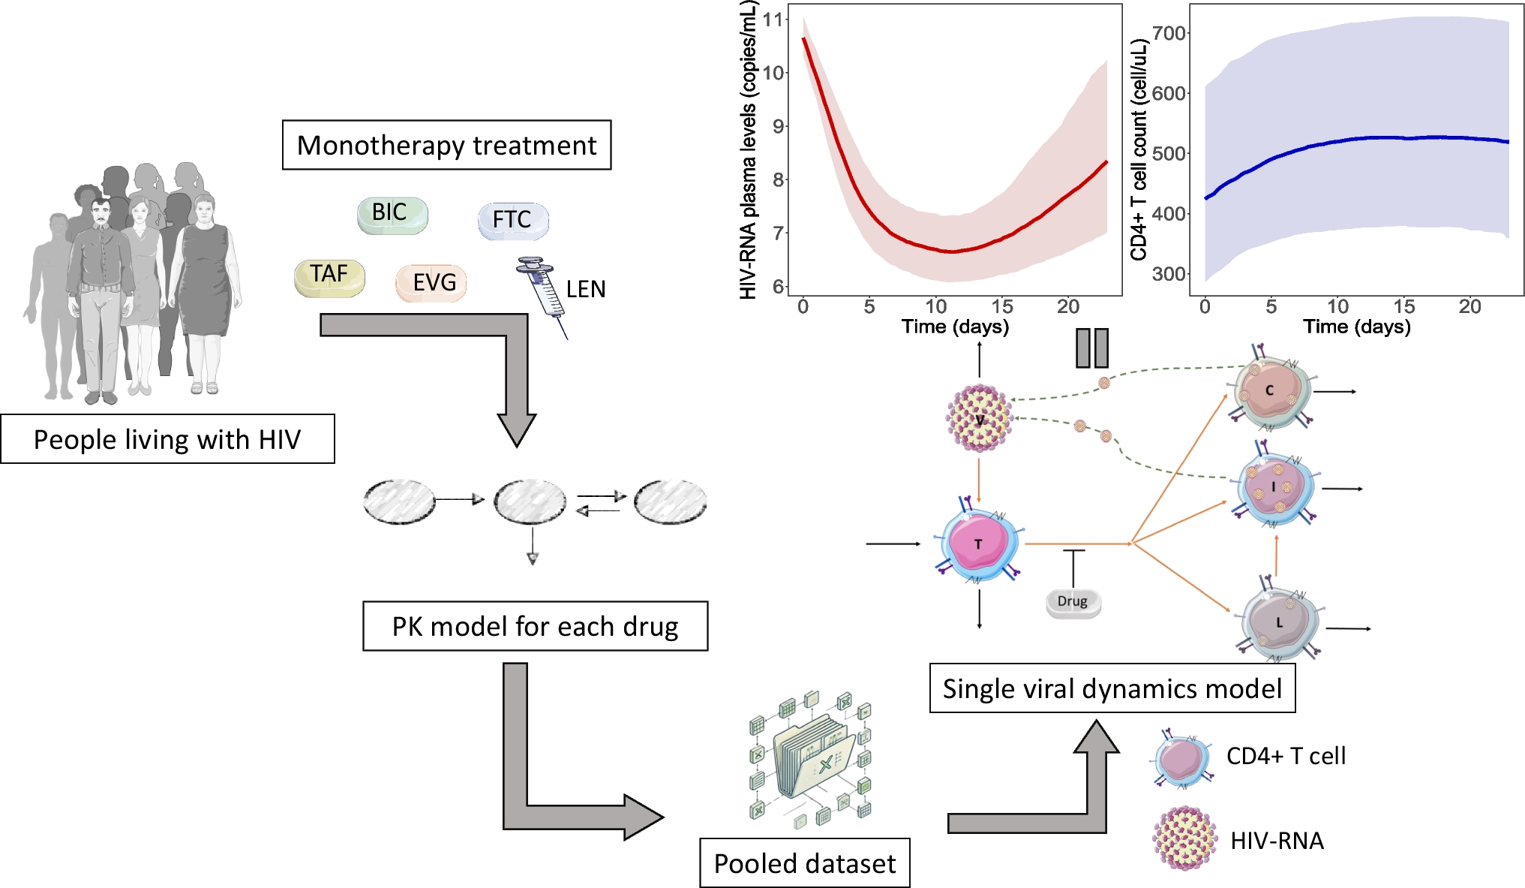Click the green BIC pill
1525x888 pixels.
point(392,215)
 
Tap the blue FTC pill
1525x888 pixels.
point(513,221)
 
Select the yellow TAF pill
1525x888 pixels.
point(329,277)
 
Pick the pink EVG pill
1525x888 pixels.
point(431,283)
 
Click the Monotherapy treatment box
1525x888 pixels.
point(446,145)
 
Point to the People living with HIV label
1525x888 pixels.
point(167,439)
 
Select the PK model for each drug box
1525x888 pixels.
point(535,626)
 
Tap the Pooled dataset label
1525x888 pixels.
point(804,863)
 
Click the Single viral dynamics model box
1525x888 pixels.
point(1112,688)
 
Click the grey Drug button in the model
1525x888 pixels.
point(1073,602)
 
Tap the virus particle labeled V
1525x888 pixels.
point(979,419)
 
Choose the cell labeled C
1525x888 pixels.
point(1270,390)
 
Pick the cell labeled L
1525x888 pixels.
point(1279,622)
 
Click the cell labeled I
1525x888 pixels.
point(1274,488)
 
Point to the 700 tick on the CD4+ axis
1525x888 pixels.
point(1169,33)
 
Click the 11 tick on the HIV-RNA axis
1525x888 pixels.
point(773,20)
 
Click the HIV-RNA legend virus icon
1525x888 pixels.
point(1184,839)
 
